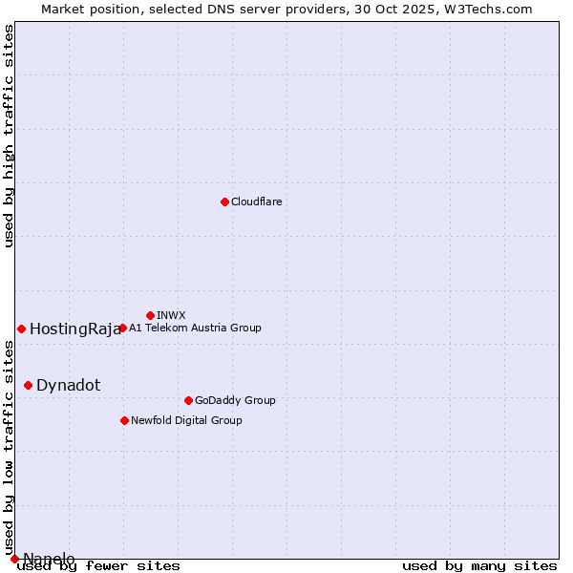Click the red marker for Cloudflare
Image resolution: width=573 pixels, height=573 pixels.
click(224, 202)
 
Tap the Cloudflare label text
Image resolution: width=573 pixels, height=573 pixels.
click(257, 202)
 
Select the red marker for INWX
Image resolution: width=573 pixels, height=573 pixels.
click(150, 315)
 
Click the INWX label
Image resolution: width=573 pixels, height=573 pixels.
click(171, 316)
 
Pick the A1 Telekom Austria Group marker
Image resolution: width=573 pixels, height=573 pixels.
click(122, 329)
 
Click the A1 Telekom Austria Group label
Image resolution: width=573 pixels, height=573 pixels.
click(195, 329)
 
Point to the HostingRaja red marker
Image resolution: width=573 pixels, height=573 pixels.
click(21, 329)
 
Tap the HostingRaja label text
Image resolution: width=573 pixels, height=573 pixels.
click(75, 329)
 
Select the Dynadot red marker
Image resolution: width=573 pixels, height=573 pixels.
click(28, 385)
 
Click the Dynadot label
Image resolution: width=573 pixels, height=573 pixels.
click(68, 386)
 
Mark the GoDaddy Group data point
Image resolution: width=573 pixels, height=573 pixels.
click(188, 400)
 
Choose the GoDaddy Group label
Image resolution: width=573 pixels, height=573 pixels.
click(235, 401)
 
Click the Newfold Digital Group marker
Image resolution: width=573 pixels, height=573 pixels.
click(124, 420)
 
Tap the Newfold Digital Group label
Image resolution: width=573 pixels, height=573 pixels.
click(186, 421)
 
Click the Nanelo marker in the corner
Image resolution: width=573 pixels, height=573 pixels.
click(14, 559)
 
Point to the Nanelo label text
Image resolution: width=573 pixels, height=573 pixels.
click(49, 559)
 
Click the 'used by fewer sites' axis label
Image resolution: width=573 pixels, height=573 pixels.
click(98, 566)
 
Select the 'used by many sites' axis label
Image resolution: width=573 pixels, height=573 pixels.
click(479, 566)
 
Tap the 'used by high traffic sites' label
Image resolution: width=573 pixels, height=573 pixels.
click(10, 136)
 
